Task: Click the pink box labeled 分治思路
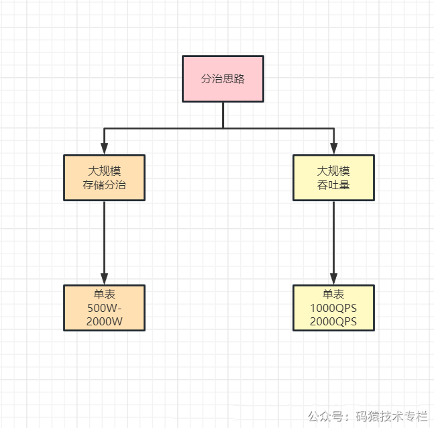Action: point(223,78)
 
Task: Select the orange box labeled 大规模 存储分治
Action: point(105,178)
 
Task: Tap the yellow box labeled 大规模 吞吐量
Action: point(333,178)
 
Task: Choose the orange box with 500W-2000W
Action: point(105,308)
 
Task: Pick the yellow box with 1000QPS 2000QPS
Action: point(333,308)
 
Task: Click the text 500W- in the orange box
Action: point(105,308)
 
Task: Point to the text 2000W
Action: point(105,321)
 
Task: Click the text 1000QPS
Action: point(333,308)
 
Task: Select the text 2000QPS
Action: point(333,321)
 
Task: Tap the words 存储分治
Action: point(105,184)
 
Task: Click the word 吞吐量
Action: point(333,184)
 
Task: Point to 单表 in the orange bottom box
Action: point(105,294)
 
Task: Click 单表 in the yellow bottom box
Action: point(333,294)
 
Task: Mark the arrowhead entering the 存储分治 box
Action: point(105,149)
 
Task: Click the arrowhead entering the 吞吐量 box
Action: point(334,149)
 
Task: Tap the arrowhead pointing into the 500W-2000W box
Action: point(105,279)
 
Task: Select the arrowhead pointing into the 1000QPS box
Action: point(333,279)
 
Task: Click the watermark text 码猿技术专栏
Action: point(392,416)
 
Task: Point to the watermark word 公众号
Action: point(325,416)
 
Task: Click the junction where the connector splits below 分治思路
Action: point(223,128)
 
